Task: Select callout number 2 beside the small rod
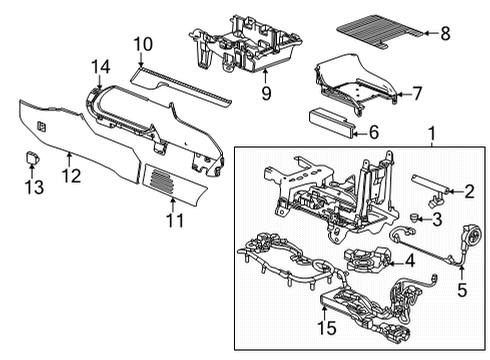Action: tap(466, 192)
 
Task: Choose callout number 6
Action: tap(374, 131)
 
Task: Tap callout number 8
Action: tap(445, 33)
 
